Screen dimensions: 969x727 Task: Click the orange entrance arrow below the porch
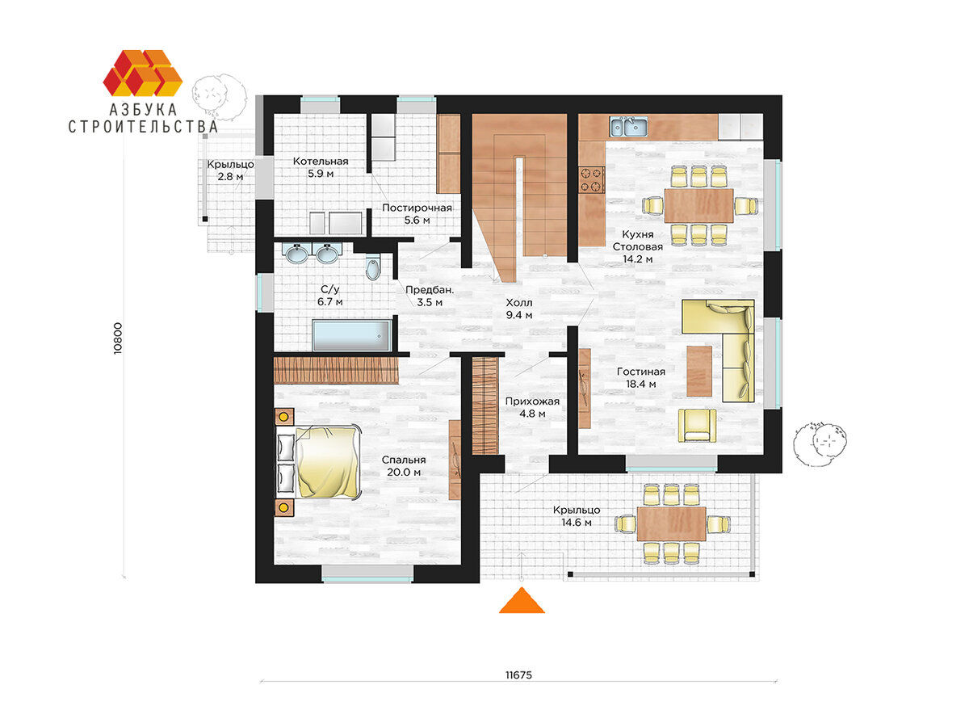click(x=522, y=601)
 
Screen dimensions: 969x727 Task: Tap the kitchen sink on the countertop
click(x=628, y=126)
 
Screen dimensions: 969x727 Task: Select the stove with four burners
click(x=592, y=179)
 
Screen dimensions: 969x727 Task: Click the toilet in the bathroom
click(x=373, y=267)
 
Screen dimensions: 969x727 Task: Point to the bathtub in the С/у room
click(x=351, y=335)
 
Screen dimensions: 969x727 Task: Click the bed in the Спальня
click(x=318, y=462)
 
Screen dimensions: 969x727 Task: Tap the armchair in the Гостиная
click(x=697, y=425)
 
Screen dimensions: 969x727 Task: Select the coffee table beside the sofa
click(x=699, y=371)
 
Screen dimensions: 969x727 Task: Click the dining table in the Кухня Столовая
click(x=698, y=205)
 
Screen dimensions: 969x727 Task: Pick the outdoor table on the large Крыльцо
click(x=672, y=523)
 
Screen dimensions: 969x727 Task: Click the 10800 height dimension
click(x=117, y=338)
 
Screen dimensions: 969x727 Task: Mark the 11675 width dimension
click(x=518, y=675)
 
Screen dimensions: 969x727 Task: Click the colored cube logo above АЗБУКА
click(x=143, y=73)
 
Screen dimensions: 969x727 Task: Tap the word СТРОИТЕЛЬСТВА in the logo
click(x=143, y=127)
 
